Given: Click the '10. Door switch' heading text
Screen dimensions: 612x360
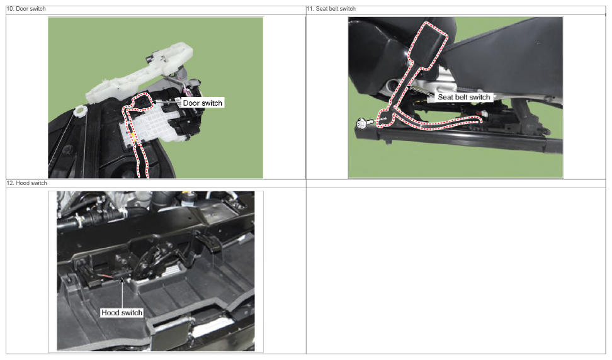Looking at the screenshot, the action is (26, 9).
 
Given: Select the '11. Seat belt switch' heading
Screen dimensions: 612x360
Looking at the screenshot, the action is (331, 9).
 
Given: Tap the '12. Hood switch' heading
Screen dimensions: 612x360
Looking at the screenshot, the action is (26, 183).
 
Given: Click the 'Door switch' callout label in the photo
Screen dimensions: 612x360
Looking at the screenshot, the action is (203, 103).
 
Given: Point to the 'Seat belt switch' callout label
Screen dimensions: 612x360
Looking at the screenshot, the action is (463, 97).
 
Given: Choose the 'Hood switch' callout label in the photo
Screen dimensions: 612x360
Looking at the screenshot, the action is (122, 312).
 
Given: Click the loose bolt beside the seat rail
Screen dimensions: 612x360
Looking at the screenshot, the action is (363, 124).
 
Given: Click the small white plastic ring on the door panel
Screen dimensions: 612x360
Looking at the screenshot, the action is (80, 110).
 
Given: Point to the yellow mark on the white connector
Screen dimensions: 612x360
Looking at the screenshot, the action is (133, 135).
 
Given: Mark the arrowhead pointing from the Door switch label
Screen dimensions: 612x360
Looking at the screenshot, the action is (154, 102).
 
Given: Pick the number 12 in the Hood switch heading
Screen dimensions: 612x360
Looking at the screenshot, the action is (10, 183).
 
